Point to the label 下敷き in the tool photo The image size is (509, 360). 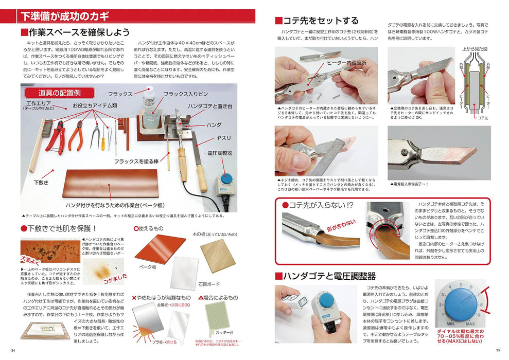[x=41, y=183]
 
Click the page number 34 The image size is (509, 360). [x=13, y=351]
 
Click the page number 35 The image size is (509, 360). [x=498, y=351]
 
